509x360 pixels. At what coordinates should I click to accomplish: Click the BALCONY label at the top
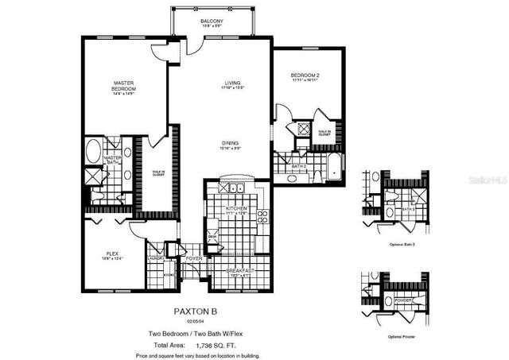(212, 20)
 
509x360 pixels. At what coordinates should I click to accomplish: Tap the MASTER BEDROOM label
(123, 86)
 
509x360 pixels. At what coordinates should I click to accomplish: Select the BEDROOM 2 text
(305, 75)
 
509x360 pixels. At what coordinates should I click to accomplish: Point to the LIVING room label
(231, 83)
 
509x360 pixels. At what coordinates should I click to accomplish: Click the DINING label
(231, 143)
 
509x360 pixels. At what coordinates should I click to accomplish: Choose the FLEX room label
(112, 254)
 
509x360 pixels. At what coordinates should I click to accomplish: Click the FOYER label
(193, 259)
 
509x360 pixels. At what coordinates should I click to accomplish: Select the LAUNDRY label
(155, 257)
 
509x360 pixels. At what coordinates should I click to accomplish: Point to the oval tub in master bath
(93, 151)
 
